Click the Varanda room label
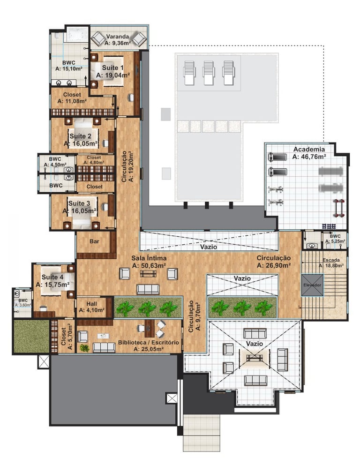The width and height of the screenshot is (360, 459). pos(117,37)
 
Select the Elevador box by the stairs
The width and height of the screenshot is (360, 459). pos(312,285)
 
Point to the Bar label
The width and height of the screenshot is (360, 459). pos(94,241)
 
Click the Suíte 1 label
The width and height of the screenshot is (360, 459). pos(112,68)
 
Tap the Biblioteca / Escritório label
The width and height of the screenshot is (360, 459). pos(149,342)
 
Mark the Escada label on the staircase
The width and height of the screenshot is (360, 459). pos(331,260)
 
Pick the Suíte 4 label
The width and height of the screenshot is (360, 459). pos(52,277)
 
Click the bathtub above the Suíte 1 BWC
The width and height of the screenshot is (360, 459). pos(77,35)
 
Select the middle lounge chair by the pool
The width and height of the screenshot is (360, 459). pos(209,73)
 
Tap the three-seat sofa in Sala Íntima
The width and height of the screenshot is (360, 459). pos(148,289)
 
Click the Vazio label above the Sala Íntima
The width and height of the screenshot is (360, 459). pos(209,247)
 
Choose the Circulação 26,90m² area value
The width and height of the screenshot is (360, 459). pos(274,265)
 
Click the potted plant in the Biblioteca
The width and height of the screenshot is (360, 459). pos(84,348)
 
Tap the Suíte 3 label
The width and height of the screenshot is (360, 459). pos(79,203)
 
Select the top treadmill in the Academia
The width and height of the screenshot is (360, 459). pos(277,157)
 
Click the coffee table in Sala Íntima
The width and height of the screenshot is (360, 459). pos(148,274)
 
